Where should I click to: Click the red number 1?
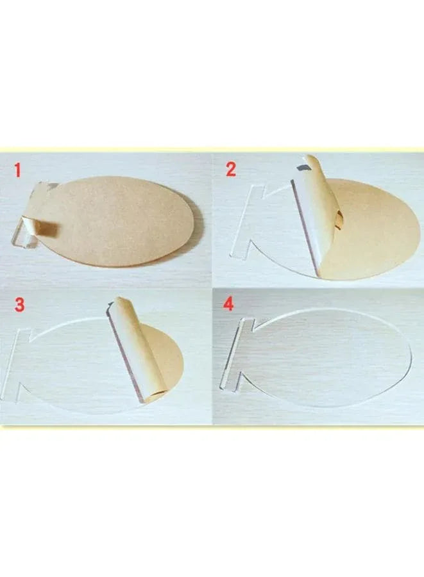[17, 170]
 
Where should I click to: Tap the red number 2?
[231, 169]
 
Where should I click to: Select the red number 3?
[19, 305]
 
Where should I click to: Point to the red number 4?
[228, 304]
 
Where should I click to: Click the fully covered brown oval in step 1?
[118, 221]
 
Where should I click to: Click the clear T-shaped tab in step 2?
[249, 221]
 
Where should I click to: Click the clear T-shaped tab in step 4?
[236, 354]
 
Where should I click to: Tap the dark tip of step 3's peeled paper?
[110, 306]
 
